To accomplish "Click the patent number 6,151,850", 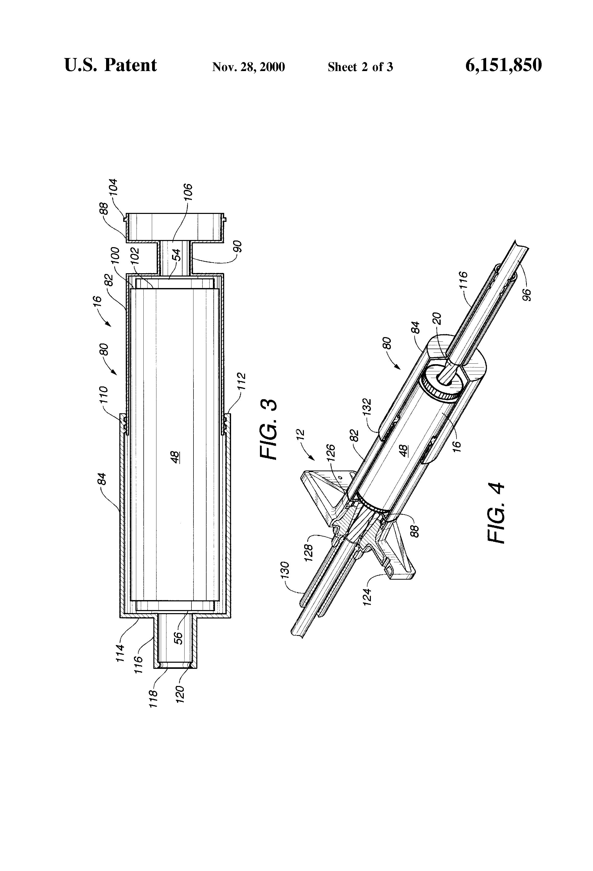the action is point(504,65).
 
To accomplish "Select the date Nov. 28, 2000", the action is point(248,67).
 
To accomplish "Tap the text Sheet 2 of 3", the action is point(360,67).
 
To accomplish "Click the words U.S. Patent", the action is point(111,65).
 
